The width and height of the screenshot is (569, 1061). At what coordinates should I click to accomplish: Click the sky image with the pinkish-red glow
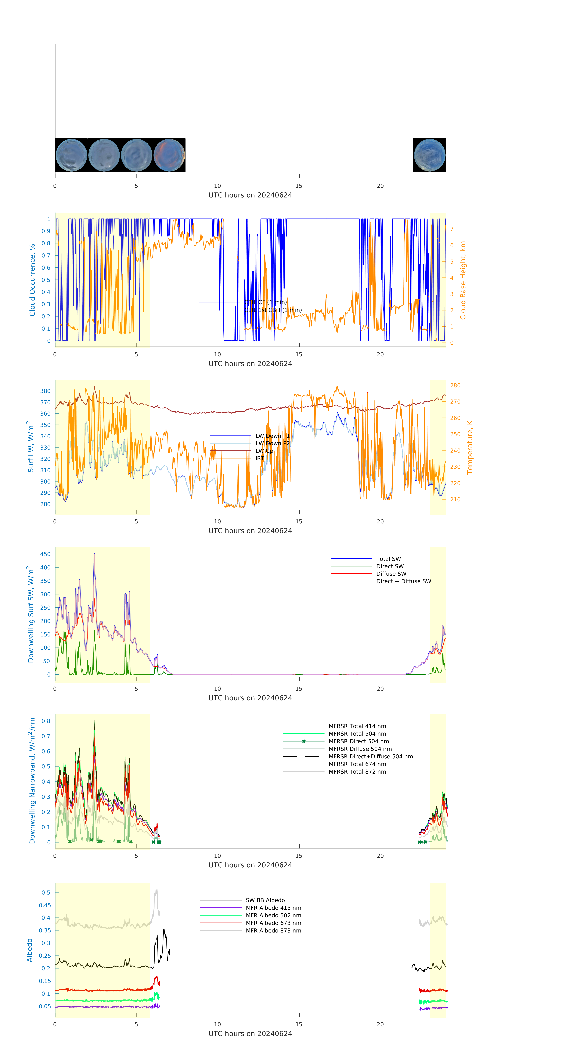coord(169,155)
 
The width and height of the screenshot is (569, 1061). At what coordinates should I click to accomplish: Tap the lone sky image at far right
coord(429,155)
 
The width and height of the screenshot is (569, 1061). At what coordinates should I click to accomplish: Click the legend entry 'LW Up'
coord(264,451)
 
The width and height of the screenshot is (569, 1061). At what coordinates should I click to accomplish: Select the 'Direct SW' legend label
coord(390,566)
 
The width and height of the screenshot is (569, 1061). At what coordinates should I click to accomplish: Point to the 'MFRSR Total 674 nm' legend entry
coord(357,764)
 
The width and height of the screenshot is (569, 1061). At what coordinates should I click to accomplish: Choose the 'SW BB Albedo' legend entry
coord(265,900)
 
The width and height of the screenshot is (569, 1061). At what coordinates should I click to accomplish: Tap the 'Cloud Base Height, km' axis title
coord(463,280)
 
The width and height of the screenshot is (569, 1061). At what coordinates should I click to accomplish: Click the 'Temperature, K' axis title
coord(469,447)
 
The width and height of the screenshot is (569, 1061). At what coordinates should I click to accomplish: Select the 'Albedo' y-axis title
coord(30,950)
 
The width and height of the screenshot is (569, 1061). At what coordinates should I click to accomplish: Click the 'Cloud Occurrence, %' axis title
coord(32,280)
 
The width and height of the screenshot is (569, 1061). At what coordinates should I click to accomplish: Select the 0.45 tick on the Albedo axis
coord(45,905)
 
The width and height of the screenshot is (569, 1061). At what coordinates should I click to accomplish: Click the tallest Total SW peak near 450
coord(94,554)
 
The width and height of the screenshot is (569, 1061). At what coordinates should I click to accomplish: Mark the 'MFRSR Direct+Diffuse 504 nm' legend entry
coord(370,757)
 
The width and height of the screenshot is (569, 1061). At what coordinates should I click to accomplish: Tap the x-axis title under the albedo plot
coord(250,1034)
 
